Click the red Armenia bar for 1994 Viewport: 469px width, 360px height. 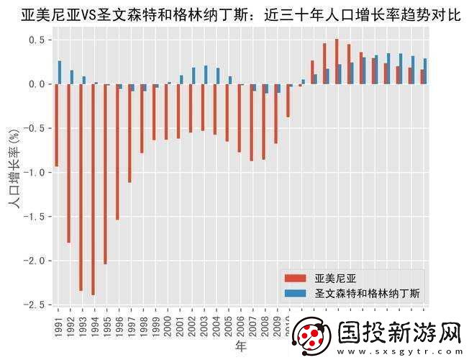click(93, 189)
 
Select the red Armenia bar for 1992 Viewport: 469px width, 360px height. click(68, 163)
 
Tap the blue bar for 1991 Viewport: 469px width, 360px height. click(60, 73)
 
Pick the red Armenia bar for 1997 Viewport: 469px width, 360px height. click(129, 133)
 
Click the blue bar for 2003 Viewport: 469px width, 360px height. click(206, 76)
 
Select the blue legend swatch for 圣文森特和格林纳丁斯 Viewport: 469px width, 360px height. click(296, 294)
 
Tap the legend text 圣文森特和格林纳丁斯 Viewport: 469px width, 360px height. click(368, 294)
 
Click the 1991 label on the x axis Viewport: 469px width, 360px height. click(58, 325)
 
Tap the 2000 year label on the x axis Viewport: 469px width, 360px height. click(168, 325)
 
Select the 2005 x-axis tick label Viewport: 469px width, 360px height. click(229, 325)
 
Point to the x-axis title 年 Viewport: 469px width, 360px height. click(241, 347)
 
